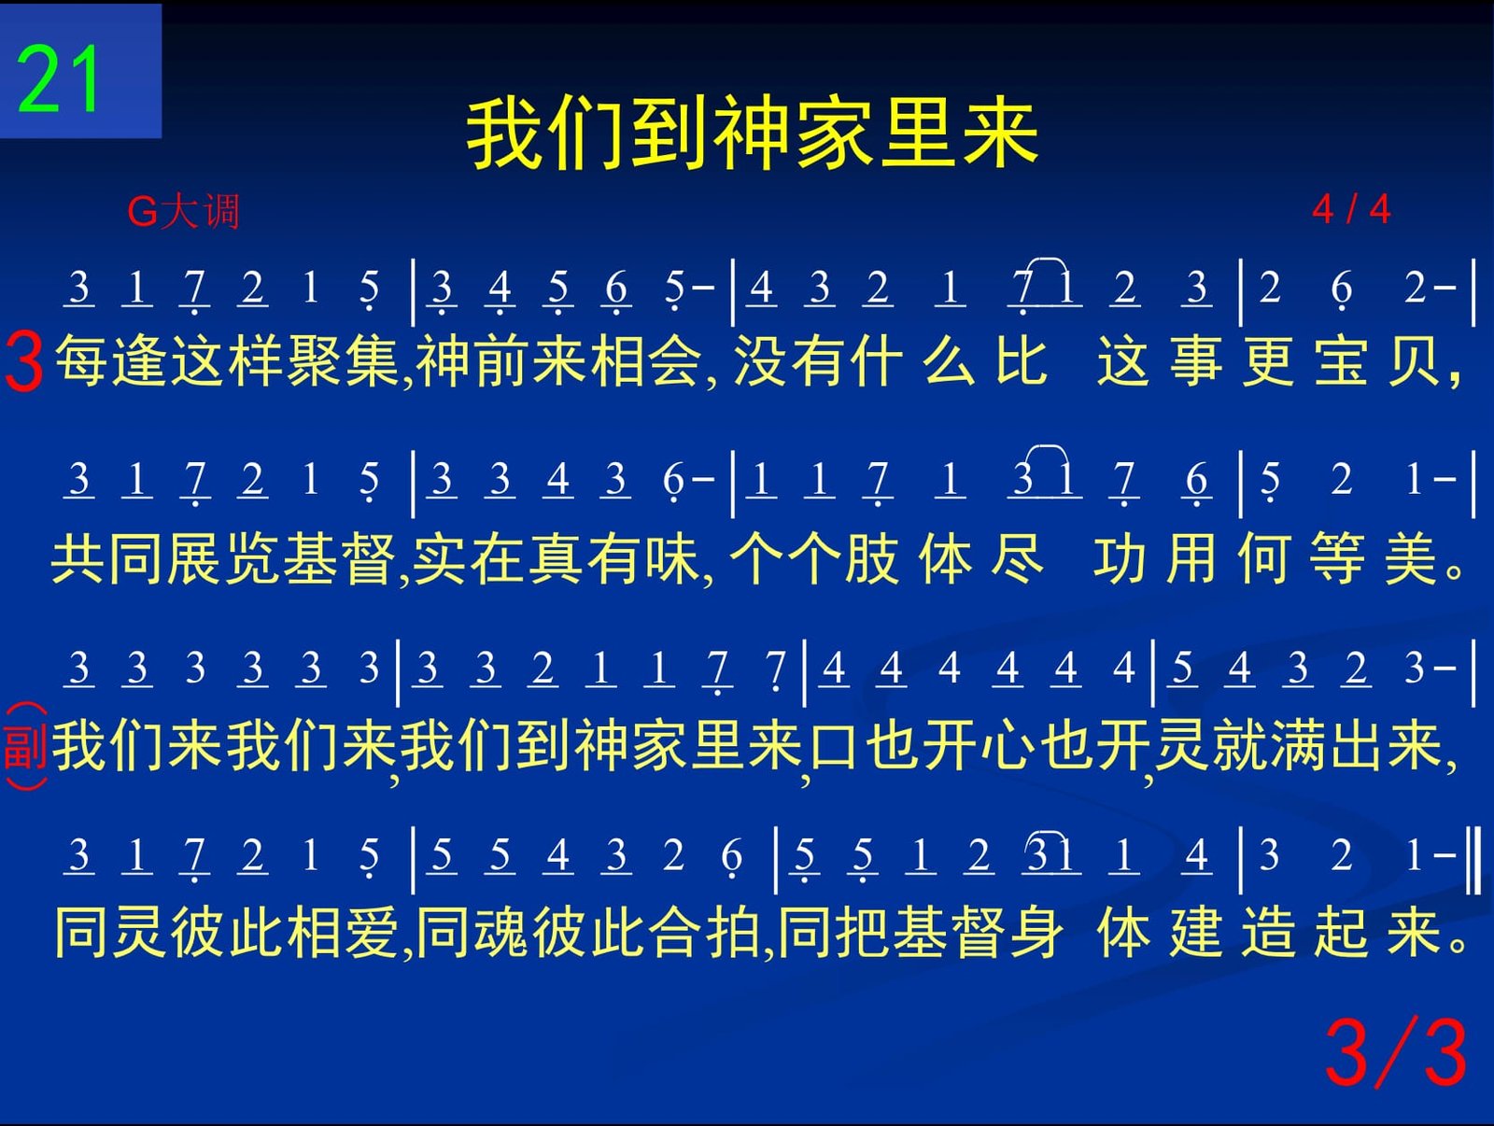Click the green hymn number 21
click(x=58, y=79)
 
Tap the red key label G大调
click(x=183, y=211)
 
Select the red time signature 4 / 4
click(x=1351, y=209)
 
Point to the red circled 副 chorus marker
click(x=26, y=746)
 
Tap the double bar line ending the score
click(x=1473, y=859)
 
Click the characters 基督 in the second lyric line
click(x=338, y=559)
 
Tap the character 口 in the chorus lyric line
click(x=833, y=746)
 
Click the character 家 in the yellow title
click(x=835, y=133)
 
